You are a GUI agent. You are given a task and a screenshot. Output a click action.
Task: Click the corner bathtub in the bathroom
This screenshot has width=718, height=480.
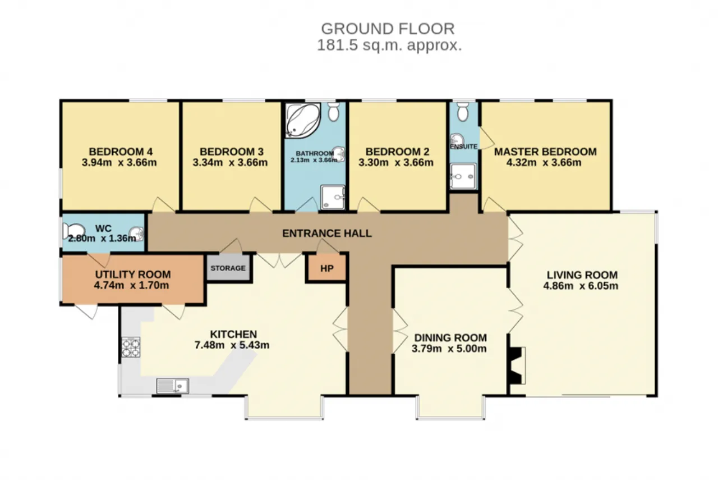[x=303, y=121]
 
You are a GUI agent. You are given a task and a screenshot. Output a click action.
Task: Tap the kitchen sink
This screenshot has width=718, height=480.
[x=172, y=386]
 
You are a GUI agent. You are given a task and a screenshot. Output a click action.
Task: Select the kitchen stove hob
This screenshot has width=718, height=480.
[x=131, y=347]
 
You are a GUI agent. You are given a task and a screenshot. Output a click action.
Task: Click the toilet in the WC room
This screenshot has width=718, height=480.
[x=73, y=231]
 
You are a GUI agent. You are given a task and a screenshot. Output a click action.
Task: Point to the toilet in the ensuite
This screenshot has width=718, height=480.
[x=462, y=112]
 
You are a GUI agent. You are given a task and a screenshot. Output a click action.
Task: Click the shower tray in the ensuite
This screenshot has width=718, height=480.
[x=463, y=176]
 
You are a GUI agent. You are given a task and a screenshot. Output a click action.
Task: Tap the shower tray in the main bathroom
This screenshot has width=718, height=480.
[x=333, y=197]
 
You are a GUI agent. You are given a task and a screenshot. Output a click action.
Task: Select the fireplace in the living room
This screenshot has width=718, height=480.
[x=516, y=365]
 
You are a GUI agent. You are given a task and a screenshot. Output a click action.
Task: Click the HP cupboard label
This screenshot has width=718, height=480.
[x=327, y=268]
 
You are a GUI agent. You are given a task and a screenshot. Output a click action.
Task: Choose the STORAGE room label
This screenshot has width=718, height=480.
[x=228, y=268]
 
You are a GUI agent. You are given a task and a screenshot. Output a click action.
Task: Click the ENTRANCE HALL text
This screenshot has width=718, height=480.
[x=327, y=233]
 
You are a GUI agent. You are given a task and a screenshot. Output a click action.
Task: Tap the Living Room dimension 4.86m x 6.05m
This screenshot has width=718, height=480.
[x=581, y=286]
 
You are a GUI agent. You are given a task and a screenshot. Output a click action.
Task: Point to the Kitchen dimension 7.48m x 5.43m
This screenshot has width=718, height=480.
[x=232, y=345]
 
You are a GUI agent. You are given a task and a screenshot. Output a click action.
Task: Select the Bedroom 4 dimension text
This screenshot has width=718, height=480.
[x=119, y=162]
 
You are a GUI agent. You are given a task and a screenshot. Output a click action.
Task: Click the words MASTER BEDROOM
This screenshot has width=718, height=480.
[x=546, y=152]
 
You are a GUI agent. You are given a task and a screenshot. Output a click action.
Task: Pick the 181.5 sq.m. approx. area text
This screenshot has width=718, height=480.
[x=389, y=45]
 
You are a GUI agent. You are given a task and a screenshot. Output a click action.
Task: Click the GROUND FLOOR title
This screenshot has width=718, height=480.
[x=388, y=29]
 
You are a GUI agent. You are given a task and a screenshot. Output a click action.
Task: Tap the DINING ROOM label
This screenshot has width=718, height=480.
[x=450, y=337]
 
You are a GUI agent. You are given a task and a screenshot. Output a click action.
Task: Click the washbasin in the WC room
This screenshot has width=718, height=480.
[x=136, y=234]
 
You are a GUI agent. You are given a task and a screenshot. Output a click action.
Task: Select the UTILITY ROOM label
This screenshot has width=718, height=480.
[x=133, y=275]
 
